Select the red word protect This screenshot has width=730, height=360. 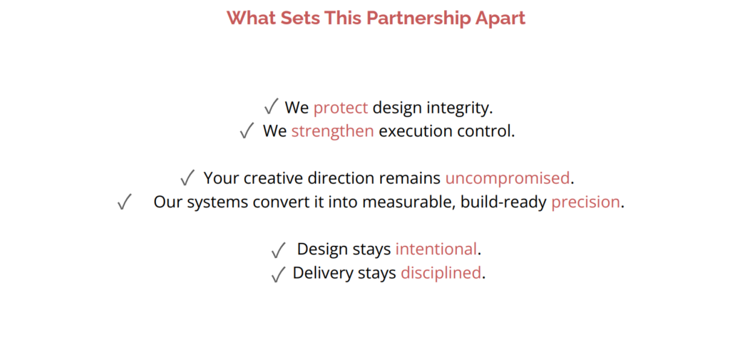(341, 108)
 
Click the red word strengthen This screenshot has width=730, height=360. (332, 131)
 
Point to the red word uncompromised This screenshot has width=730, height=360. (508, 178)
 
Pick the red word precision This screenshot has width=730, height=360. (586, 202)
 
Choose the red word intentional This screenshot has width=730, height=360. (436, 250)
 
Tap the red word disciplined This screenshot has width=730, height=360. (441, 272)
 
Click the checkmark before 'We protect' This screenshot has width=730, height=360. (271, 107)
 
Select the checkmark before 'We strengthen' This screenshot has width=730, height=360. (247, 131)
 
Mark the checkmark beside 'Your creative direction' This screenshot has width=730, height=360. (187, 178)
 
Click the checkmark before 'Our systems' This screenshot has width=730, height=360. (124, 202)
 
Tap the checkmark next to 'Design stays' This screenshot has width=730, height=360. (278, 250)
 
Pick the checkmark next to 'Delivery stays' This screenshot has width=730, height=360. (278, 274)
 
